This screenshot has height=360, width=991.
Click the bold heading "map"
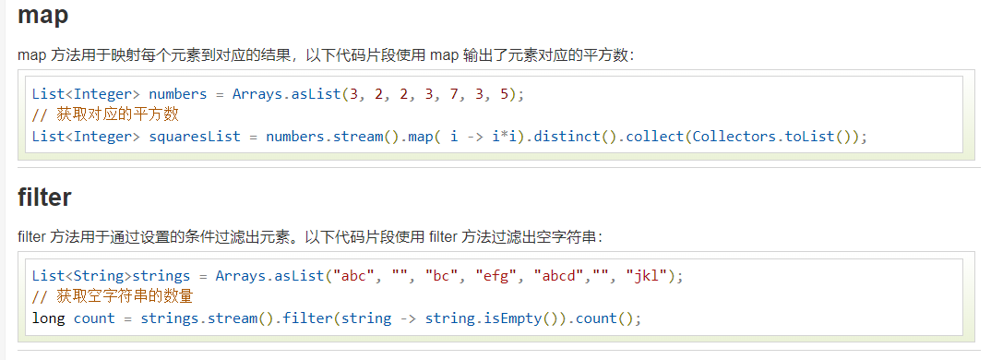42,15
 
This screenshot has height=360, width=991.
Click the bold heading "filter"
44,198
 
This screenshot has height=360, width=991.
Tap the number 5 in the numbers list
496,94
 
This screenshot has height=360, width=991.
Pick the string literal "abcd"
560,276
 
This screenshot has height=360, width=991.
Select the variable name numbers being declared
178,94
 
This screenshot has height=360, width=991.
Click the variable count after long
94,318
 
